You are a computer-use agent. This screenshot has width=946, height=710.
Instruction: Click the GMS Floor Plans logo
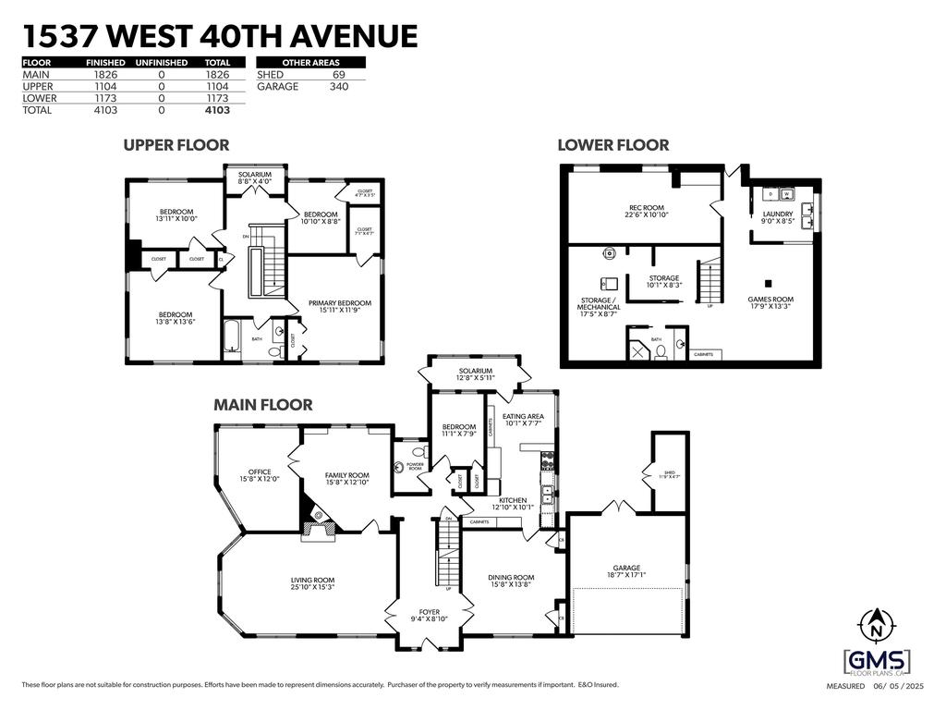[877, 662]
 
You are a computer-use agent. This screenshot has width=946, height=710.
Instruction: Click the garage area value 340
[339, 86]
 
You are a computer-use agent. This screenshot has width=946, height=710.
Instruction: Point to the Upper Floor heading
[176, 145]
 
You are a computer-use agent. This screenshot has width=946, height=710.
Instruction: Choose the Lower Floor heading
[613, 145]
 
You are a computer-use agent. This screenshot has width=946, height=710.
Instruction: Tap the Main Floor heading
[263, 405]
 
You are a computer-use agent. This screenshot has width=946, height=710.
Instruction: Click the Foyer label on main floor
[430, 615]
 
